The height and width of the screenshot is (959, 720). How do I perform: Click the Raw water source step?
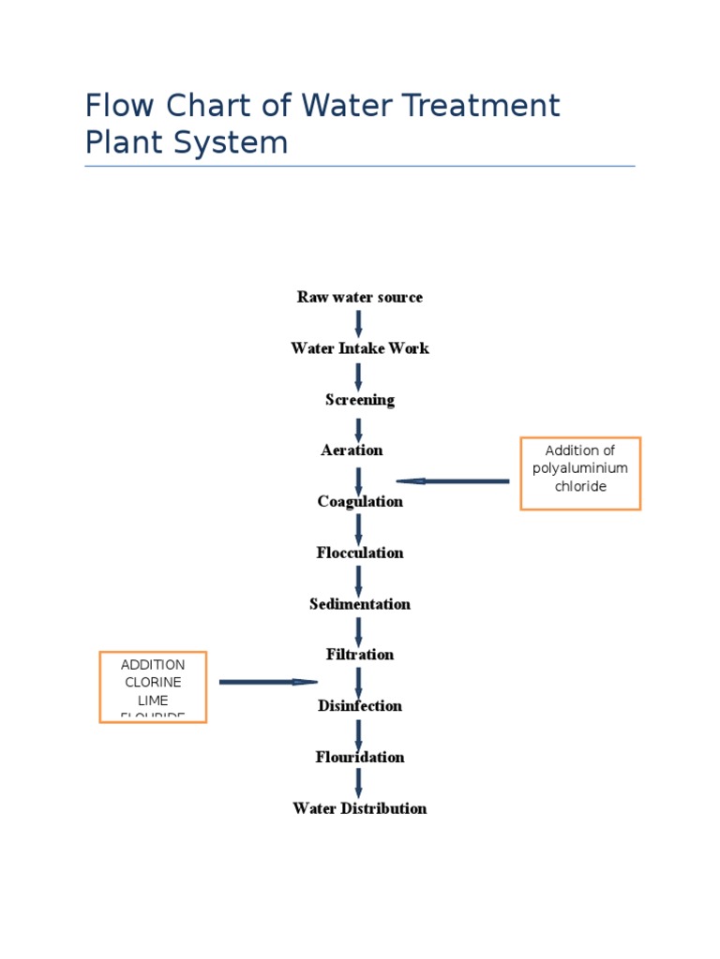pyautogui.click(x=359, y=297)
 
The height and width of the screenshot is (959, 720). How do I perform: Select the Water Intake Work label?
pyautogui.click(x=359, y=348)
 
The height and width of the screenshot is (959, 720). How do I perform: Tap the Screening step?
pyautogui.click(x=359, y=400)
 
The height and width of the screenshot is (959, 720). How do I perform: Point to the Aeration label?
pyautogui.click(x=352, y=450)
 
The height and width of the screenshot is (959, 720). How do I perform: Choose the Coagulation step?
pyautogui.click(x=359, y=502)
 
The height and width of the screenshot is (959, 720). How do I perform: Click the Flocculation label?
pyautogui.click(x=359, y=553)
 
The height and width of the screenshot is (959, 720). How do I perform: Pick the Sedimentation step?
pyautogui.click(x=359, y=604)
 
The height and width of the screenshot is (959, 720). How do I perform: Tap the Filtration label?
pyautogui.click(x=359, y=655)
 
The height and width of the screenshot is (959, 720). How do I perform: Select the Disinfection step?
pyautogui.click(x=359, y=706)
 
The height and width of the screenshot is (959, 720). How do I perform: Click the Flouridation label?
pyautogui.click(x=359, y=757)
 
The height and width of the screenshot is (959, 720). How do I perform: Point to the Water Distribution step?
pyautogui.click(x=359, y=808)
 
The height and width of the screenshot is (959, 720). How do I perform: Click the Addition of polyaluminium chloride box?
pyautogui.click(x=580, y=473)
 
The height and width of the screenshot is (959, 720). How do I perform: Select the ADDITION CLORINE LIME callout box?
pyautogui.click(x=153, y=686)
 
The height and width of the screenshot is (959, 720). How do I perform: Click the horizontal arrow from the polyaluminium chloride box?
pyautogui.click(x=454, y=481)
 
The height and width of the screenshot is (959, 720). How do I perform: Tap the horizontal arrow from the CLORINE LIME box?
pyautogui.click(x=268, y=682)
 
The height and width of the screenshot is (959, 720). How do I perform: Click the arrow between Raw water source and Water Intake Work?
pyautogui.click(x=358, y=323)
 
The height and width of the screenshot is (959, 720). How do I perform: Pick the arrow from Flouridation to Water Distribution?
pyautogui.click(x=358, y=783)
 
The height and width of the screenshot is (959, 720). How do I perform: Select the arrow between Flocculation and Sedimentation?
pyautogui.click(x=358, y=579)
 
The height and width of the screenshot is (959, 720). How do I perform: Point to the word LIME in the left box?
pyautogui.click(x=153, y=700)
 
